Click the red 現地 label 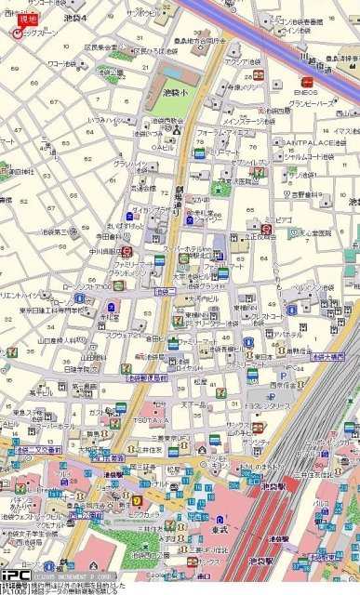click(x=29, y=19)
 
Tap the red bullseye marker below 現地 click(x=16, y=33)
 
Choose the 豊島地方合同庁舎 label click(x=199, y=42)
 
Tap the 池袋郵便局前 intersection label click(x=146, y=378)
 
